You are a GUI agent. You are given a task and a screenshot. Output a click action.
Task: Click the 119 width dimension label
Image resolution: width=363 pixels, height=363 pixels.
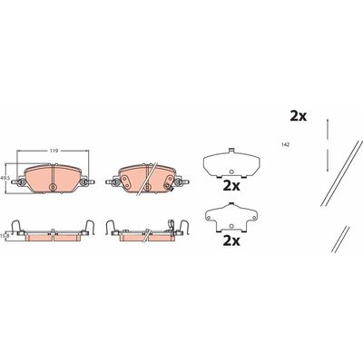[54, 151]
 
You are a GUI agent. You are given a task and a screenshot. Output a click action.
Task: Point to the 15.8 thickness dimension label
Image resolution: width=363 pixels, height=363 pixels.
[3, 235]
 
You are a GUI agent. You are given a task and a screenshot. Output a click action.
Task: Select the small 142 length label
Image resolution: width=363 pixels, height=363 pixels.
[286, 145]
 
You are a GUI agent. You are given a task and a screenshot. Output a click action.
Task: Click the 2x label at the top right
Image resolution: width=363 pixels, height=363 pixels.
[299, 116]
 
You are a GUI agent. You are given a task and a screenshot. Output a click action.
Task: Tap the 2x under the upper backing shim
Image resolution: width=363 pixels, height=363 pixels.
[231, 186]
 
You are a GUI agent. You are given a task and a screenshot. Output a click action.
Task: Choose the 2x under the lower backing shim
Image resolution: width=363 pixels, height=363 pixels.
[231, 240]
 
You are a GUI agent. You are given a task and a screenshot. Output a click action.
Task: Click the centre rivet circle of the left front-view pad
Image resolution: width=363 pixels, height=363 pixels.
[53, 187]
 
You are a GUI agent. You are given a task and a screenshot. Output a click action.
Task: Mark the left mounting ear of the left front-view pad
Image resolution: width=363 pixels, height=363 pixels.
[18, 181]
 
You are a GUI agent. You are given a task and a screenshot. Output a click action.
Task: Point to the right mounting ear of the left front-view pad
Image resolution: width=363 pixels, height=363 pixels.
[87, 181]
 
